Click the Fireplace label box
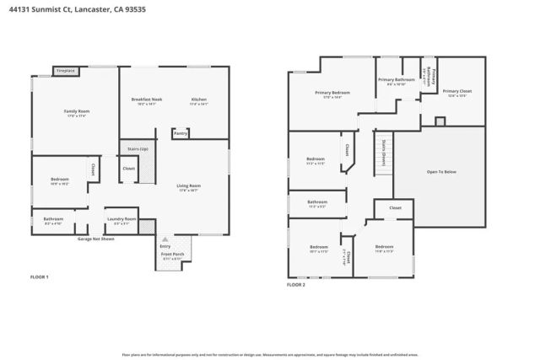[66, 71]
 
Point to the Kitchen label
[198, 99]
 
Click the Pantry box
[180, 133]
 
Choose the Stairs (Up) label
[137, 148]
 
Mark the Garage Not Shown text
[95, 239]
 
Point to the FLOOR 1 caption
[40, 277]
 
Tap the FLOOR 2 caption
[295, 285]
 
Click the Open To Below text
[441, 171]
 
